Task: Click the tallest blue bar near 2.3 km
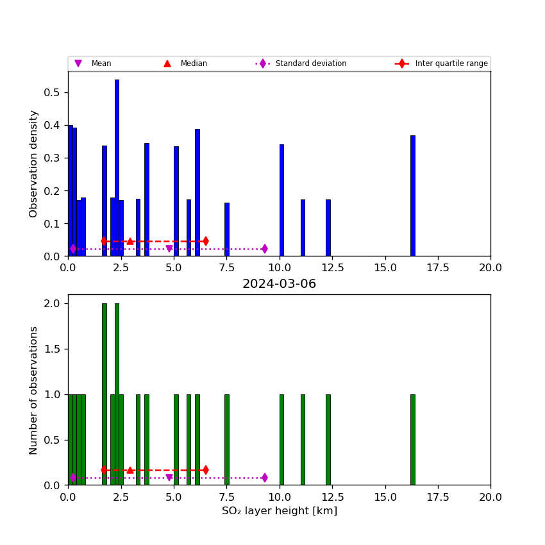pyautogui.click(x=117, y=167)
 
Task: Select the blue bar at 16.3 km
pyautogui.click(x=413, y=196)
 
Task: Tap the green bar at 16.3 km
pyautogui.click(x=413, y=439)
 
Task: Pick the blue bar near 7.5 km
pyautogui.click(x=227, y=229)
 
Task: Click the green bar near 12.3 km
pyautogui.click(x=328, y=439)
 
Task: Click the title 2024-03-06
pyautogui.click(x=279, y=284)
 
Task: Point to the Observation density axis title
pyautogui.click(x=33, y=163)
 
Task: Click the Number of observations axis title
pyautogui.click(x=33, y=390)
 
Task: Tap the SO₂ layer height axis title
pyautogui.click(x=279, y=511)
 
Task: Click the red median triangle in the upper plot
pyautogui.click(x=130, y=241)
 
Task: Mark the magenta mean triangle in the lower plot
pyautogui.click(x=169, y=478)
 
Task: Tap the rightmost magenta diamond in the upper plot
pyautogui.click(x=264, y=249)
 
